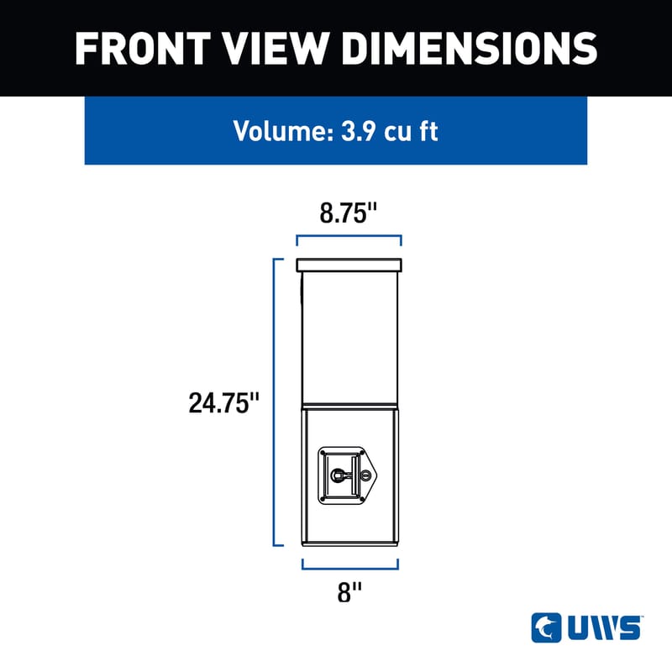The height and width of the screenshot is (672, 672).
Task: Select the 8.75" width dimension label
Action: click(347, 213)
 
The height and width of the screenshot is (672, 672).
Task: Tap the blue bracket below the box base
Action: click(350, 564)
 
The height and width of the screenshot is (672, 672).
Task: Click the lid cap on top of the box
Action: click(349, 265)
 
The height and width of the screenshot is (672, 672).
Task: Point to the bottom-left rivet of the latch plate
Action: click(325, 499)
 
